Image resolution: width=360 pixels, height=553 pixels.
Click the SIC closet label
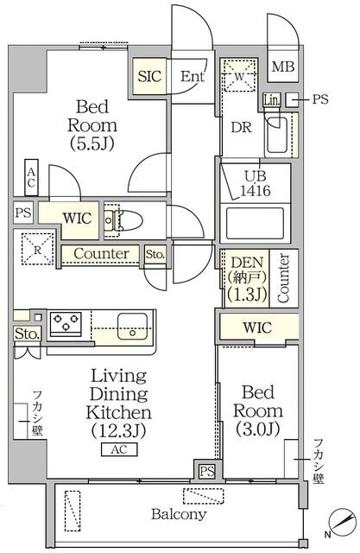[x=147, y=75]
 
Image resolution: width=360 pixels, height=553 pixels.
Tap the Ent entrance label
[x=192, y=76]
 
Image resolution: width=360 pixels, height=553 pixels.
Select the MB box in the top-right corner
[x=282, y=67]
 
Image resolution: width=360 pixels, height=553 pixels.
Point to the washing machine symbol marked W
[x=237, y=74]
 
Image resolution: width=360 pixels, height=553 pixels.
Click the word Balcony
[x=180, y=515]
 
